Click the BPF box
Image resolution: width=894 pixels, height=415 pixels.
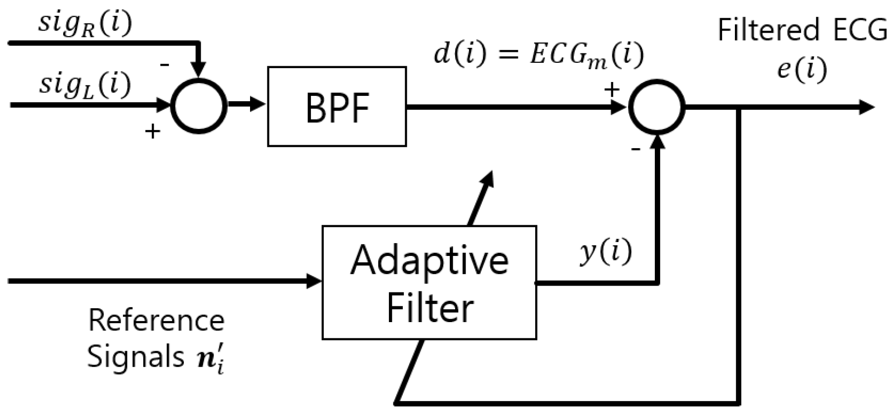337,107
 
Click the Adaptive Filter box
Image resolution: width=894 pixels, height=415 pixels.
429,283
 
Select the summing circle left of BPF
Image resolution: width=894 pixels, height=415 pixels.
199,105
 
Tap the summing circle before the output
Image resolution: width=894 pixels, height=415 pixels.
656,106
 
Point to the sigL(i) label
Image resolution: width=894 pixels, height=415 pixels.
85,85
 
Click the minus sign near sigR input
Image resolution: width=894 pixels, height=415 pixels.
165,65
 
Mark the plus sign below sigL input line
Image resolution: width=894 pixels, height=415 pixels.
153,131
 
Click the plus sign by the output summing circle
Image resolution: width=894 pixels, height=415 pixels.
612,89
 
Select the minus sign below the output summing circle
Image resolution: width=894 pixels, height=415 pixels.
636,148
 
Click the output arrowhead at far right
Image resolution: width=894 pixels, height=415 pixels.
867,107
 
